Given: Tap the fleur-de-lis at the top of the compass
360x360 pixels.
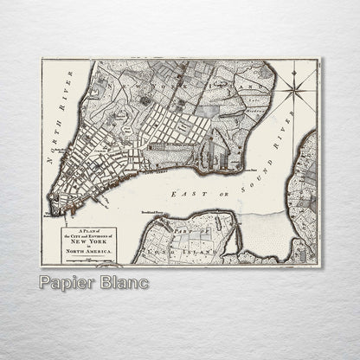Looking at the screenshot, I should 300,66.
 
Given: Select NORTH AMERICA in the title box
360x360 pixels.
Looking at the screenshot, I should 87,254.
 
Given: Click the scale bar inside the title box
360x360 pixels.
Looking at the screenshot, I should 87,260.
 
